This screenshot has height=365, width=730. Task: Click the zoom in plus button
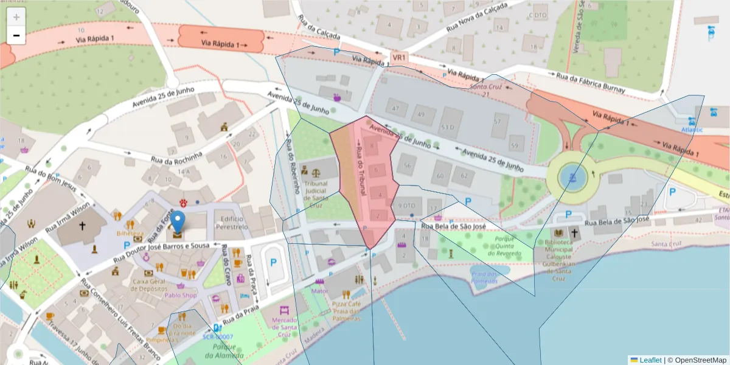coord(16,16)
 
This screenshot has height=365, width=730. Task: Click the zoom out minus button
coord(16,35)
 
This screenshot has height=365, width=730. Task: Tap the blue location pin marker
coord(177,223)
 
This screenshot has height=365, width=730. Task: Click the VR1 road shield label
coord(399,58)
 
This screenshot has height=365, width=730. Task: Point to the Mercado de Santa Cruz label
coord(285,327)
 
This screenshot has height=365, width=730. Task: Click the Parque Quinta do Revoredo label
coord(508,242)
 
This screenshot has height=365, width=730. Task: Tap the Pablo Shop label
coord(181,296)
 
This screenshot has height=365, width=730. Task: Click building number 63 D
coord(448,127)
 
